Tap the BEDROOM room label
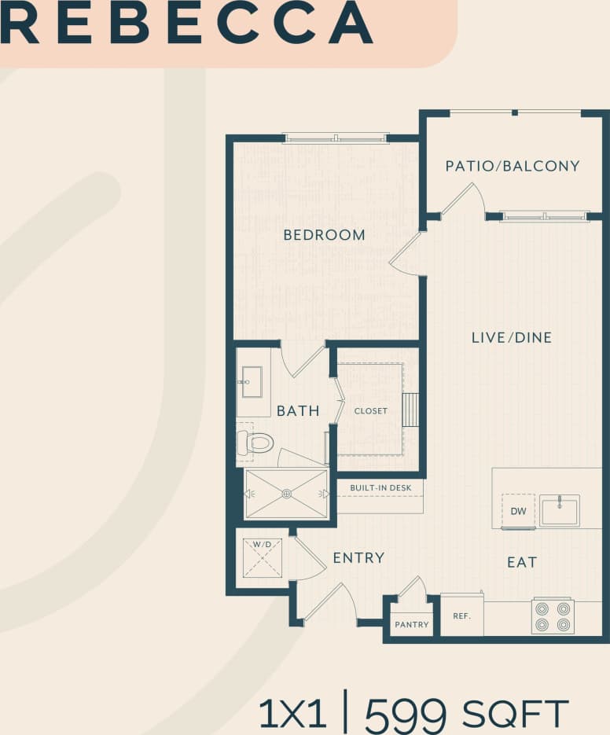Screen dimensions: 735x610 coord(324,234)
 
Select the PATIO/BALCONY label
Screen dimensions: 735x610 coord(512,166)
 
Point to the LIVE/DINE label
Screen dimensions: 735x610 coord(511,337)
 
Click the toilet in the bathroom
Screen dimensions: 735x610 coord(256,443)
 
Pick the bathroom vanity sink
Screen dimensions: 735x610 coord(253,382)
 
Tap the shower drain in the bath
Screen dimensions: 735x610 coord(286,494)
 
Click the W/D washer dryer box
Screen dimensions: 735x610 coord(262,557)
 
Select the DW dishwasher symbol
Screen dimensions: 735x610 coord(518,511)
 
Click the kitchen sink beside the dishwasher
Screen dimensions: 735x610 coord(559,510)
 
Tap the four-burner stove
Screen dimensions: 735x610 coord(553,616)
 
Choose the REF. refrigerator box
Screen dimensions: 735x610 coord(461,616)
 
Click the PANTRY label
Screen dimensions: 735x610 coord(412,625)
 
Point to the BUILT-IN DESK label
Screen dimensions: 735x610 coord(380,488)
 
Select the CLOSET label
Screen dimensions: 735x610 coord(370,411)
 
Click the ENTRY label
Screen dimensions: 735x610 coord(358,557)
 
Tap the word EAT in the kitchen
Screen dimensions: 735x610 coord(522,562)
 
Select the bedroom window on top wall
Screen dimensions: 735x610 coord(336,138)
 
